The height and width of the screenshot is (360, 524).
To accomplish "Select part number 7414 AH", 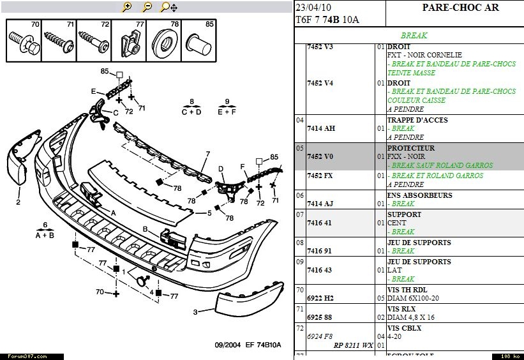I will click(x=320, y=128).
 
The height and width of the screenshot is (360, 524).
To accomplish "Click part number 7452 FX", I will click(x=320, y=176).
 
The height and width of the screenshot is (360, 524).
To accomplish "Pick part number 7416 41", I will click(x=318, y=223).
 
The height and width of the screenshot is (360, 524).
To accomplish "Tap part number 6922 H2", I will click(x=320, y=298).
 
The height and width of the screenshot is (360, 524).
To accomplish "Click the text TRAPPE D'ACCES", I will click(x=417, y=120).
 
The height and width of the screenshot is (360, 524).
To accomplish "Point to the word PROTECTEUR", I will click(x=410, y=148).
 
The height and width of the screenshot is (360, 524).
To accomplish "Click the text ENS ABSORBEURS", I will click(x=419, y=195).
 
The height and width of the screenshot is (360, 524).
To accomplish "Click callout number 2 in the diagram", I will click(x=19, y=202).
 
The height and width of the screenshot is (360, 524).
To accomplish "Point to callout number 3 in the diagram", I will click(x=196, y=312).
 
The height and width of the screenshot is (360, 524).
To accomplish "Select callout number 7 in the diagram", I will click(x=207, y=154).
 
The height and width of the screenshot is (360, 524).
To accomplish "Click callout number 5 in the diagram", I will click(x=208, y=213).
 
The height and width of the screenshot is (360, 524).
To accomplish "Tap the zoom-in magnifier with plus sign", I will click(x=126, y=7).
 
